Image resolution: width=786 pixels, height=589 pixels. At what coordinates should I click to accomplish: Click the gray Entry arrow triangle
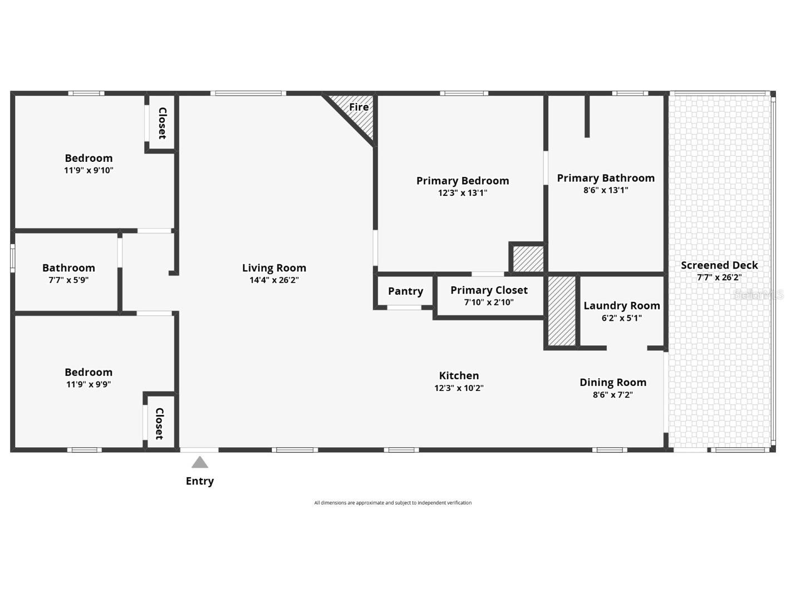[x=200, y=462]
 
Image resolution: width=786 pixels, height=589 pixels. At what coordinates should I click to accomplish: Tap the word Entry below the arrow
[x=200, y=481]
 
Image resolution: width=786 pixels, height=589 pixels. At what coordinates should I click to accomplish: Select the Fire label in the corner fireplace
[x=358, y=107]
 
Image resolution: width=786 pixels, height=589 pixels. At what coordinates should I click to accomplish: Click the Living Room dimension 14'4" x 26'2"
[x=274, y=280]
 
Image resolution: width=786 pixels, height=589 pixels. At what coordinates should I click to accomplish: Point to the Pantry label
[x=405, y=291]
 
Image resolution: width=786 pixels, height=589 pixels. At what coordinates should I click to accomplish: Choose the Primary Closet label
[x=489, y=290]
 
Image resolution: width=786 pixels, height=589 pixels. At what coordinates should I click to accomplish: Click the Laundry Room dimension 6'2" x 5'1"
[x=621, y=318]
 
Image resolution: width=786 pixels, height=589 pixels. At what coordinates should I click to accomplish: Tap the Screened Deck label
[x=719, y=265]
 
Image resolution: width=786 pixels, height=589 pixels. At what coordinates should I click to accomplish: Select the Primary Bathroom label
[x=606, y=178]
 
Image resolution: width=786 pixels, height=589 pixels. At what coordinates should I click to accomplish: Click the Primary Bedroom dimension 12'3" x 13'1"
[x=462, y=193]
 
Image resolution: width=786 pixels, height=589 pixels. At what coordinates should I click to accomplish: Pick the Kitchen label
[x=459, y=375]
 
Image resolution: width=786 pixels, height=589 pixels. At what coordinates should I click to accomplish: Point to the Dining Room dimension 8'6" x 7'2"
[x=612, y=395]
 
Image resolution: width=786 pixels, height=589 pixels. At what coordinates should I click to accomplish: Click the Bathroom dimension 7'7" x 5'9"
[x=68, y=280]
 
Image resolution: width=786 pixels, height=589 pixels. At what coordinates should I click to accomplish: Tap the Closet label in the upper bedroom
[x=163, y=123]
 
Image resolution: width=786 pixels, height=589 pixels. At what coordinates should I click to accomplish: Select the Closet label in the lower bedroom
[x=159, y=424]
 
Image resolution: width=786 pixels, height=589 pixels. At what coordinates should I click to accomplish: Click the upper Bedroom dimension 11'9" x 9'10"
[x=89, y=171]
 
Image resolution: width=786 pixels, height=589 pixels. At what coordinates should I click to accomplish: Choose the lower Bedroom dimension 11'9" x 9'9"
[x=89, y=384]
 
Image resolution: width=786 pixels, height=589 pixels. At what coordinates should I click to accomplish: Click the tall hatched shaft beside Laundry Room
[x=562, y=311]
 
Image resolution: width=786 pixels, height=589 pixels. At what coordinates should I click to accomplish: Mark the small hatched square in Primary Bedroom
[x=527, y=259]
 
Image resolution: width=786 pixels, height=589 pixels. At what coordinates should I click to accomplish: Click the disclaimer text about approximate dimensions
[x=392, y=503]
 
